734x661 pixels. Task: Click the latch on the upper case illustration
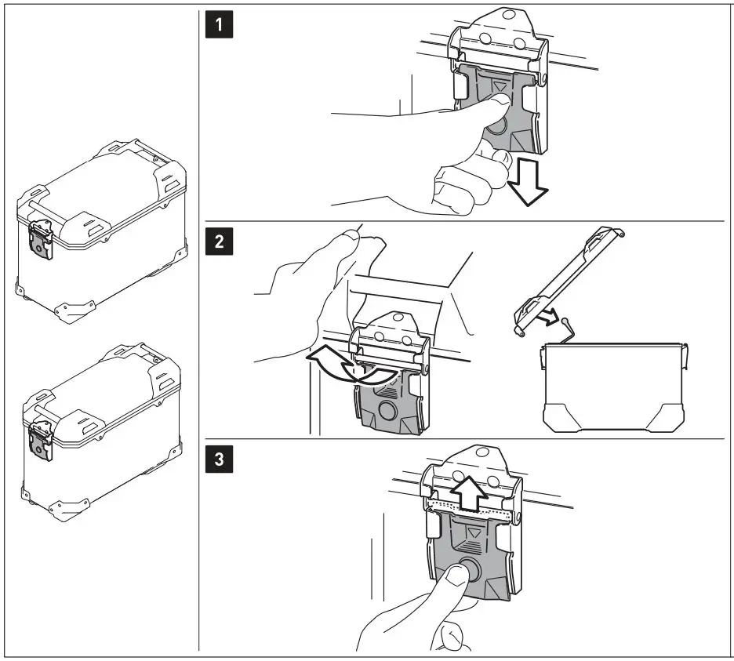click(41, 238)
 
